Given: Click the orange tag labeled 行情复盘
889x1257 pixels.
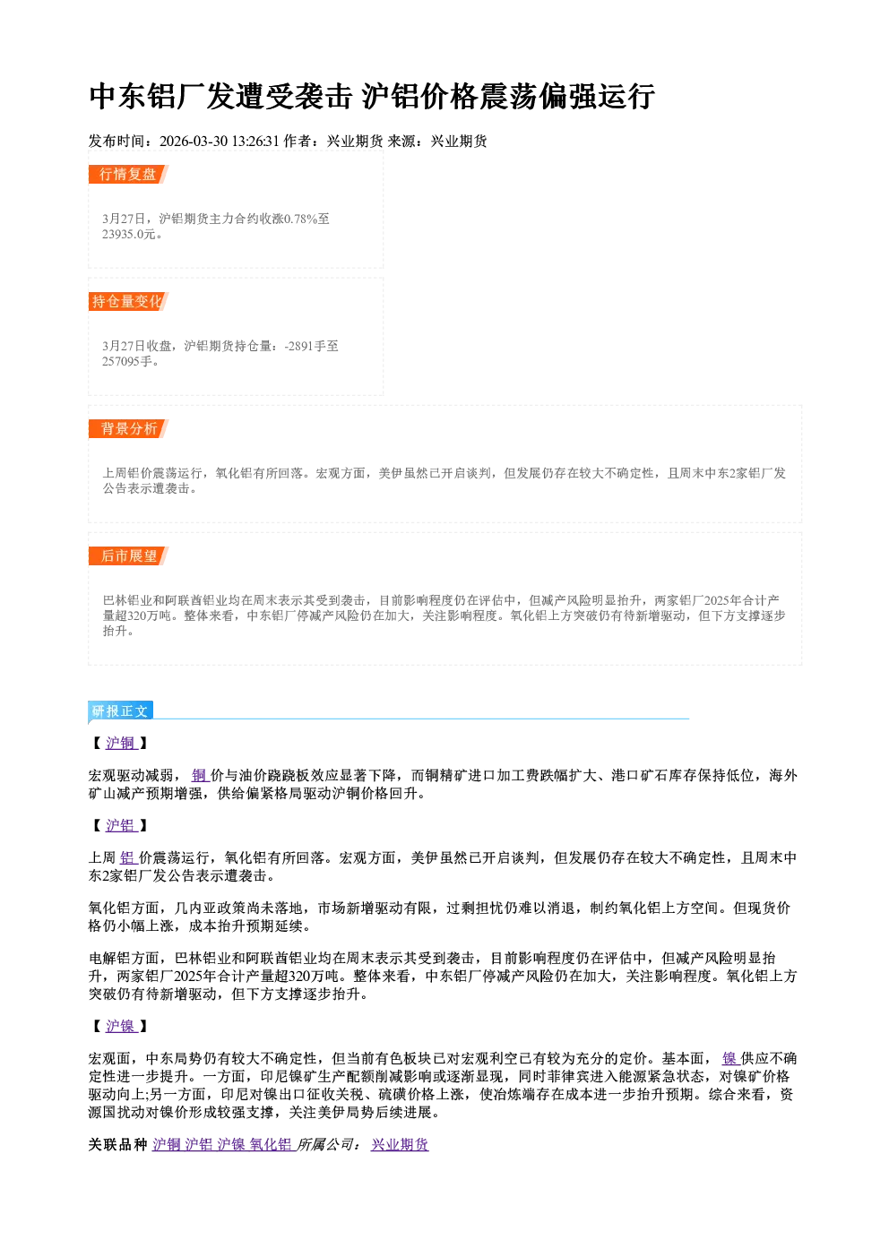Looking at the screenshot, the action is [x=128, y=175].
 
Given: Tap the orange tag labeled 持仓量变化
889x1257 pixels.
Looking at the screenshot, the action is [x=128, y=301].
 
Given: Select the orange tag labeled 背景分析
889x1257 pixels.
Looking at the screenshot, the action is [x=128, y=429].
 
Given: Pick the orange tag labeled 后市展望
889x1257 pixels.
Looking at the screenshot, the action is [x=128, y=556].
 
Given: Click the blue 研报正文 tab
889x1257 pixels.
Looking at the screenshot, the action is [x=120, y=710].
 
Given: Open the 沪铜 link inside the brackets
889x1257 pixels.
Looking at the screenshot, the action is [x=121, y=743].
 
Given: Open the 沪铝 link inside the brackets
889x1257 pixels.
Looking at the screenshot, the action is [x=121, y=825].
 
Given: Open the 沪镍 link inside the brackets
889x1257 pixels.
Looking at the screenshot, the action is [x=121, y=1026].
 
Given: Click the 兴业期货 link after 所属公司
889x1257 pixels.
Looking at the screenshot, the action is [x=400, y=1144].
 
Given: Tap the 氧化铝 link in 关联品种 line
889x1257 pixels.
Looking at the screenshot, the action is [x=272, y=1144].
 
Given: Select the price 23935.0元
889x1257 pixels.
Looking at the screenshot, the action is [x=129, y=234].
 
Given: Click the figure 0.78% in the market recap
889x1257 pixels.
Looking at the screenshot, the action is [x=301, y=219].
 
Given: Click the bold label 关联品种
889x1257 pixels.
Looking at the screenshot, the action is [x=117, y=1144].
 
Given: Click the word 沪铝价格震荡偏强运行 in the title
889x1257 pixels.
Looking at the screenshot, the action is [x=508, y=96].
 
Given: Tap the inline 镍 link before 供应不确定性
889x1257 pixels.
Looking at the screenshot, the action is [x=730, y=1058].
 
